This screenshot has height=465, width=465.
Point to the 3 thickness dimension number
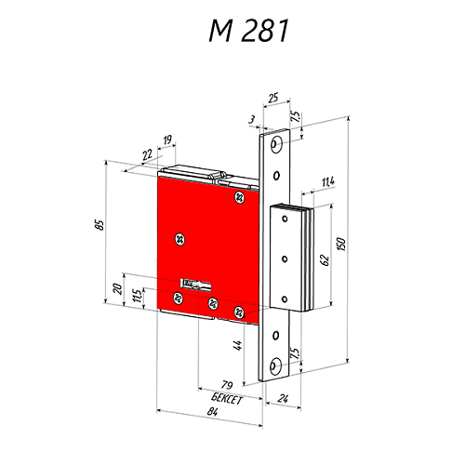(x=252, y=119)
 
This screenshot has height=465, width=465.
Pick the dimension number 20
(x=117, y=289)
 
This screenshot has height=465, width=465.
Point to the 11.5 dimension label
(x=138, y=297)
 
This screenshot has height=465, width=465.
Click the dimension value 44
(x=238, y=346)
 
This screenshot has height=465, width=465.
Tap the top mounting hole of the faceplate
(x=275, y=143)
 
